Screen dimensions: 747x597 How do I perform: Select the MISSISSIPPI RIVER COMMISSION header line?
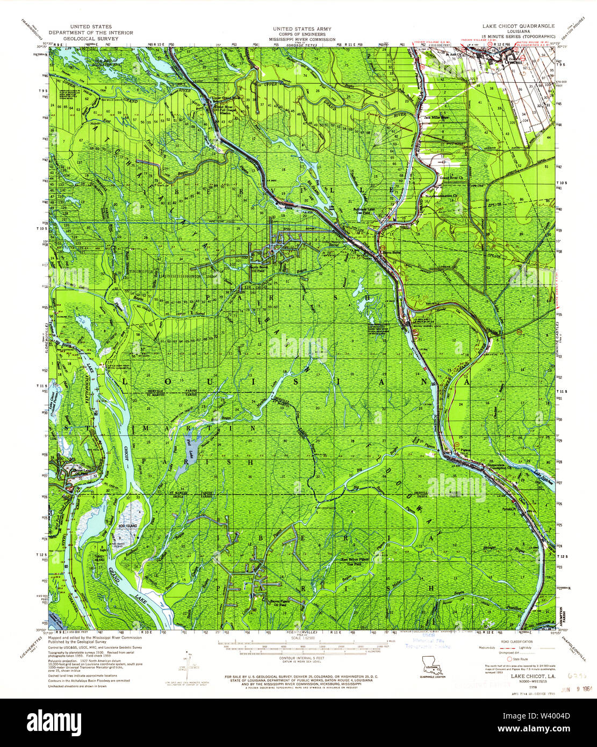pos(301,39)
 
